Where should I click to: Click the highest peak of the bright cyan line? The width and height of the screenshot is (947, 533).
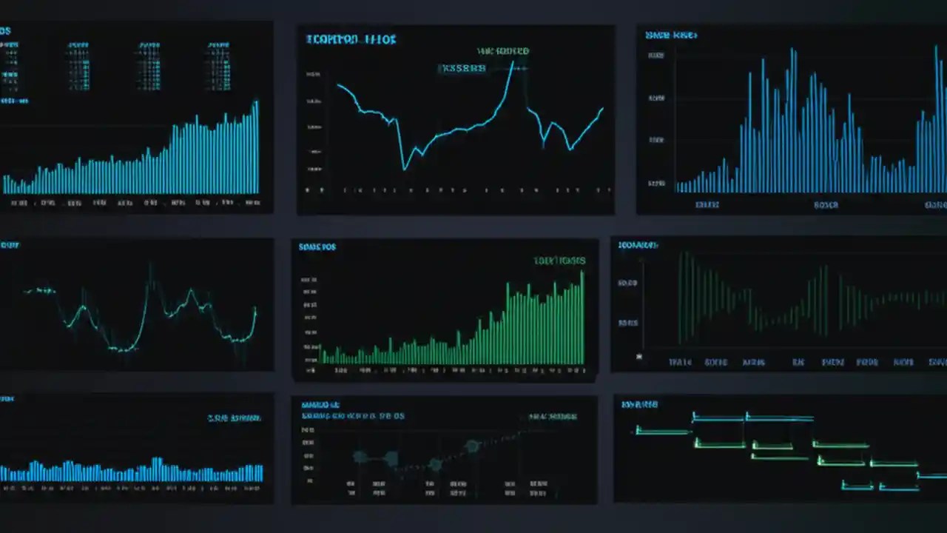point(511,62)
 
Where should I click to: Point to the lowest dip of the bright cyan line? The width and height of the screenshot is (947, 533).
point(404,170)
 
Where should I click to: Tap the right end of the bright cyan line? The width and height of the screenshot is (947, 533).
point(602,109)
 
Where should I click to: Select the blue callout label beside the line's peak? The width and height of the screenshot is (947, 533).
point(462,69)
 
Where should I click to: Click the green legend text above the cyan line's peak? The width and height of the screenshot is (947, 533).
point(503,51)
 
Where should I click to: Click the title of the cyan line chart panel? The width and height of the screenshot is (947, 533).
point(351,39)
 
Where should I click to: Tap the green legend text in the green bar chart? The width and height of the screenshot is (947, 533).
point(559,261)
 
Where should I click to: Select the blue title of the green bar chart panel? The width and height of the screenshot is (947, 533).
point(317,247)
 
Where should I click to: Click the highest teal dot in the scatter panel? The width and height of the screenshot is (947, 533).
point(472,446)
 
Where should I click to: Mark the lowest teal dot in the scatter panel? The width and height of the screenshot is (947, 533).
point(435,465)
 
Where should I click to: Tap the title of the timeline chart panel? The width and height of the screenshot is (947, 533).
point(639,404)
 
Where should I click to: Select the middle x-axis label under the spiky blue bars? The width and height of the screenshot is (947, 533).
point(826,204)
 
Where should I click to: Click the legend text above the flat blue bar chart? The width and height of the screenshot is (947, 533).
point(234,418)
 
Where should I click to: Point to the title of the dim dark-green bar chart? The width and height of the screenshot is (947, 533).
point(638,244)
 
